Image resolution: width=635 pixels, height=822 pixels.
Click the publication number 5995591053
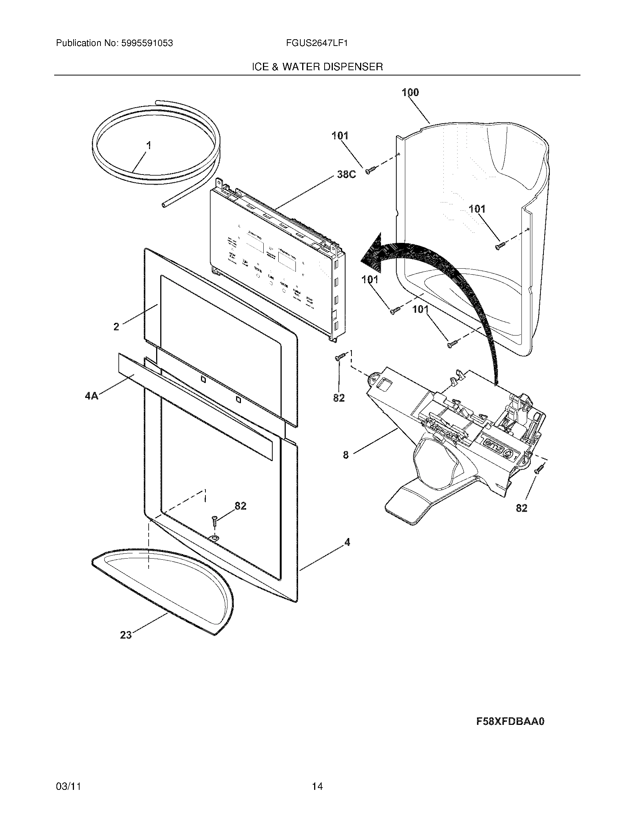coord(147,43)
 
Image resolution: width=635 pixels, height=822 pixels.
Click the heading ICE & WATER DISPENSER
coord(317,67)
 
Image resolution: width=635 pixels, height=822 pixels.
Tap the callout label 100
coord(410,92)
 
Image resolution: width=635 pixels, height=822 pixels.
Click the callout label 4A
coord(92,396)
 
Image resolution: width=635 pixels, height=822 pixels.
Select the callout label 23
coord(126,635)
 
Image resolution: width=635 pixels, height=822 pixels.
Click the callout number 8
coord(346,455)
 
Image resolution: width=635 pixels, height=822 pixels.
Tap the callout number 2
coord(116,327)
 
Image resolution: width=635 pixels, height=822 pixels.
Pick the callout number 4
coord(347,542)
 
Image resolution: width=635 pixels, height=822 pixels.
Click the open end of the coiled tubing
coord(164,205)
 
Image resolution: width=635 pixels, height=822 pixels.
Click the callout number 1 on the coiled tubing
coord(149,145)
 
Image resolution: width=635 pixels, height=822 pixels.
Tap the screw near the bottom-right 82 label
coord(539,469)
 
